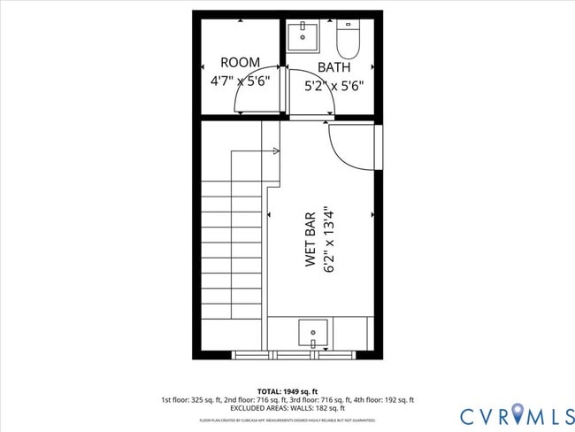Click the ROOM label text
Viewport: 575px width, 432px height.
(240, 63)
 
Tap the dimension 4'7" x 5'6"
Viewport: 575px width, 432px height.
(240, 80)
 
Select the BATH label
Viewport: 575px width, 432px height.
(333, 67)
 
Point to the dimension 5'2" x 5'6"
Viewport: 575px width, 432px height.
(333, 86)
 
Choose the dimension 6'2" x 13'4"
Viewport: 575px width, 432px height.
(329, 239)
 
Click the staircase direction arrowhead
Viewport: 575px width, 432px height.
(276, 151)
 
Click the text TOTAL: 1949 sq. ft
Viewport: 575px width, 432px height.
(287, 390)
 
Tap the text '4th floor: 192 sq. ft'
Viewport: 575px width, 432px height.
(382, 399)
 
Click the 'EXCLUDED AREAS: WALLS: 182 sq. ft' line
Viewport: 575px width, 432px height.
(287, 408)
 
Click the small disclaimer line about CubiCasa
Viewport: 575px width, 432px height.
(287, 420)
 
